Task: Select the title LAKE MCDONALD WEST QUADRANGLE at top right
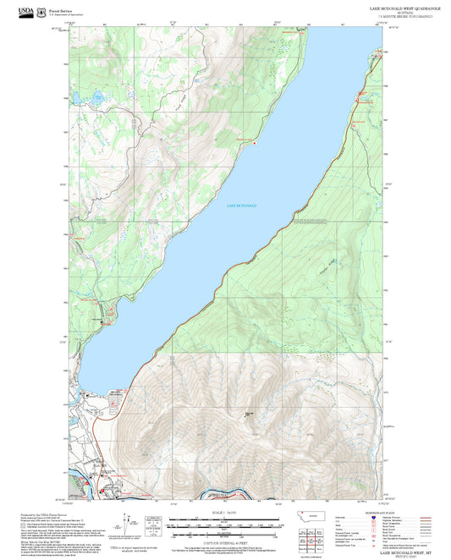pos(400,7)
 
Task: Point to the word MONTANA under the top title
pos(400,12)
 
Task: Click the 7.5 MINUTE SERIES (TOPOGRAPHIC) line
pos(400,16)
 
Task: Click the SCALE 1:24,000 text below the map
pos(225,513)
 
